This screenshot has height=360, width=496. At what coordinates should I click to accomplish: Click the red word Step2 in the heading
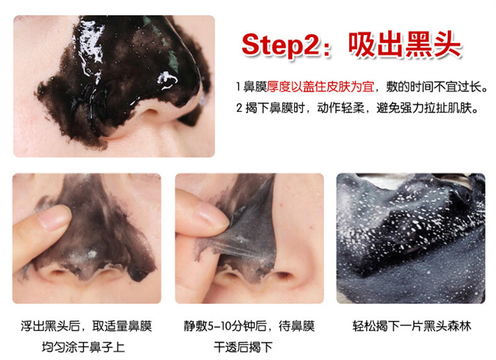(281, 46)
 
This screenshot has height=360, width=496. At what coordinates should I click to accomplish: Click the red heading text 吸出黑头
(405, 45)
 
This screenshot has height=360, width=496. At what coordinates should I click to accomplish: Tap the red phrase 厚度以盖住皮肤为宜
(320, 87)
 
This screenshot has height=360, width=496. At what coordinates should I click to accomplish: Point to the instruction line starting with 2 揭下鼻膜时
(357, 108)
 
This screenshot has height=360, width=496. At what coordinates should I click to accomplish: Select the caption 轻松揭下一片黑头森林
(411, 326)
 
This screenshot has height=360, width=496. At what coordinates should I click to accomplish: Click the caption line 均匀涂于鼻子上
(84, 347)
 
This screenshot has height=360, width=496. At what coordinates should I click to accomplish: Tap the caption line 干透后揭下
(243, 347)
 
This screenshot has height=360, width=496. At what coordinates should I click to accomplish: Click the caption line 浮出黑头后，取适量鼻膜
(86, 326)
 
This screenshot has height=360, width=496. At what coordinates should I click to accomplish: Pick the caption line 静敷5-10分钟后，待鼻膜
(249, 326)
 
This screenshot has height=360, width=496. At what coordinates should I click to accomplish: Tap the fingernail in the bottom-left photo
(54, 217)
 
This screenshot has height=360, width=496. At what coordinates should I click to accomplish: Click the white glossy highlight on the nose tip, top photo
(167, 79)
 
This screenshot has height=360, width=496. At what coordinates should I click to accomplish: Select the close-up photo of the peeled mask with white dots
(411, 238)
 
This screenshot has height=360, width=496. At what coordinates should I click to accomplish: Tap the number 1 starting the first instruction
(238, 87)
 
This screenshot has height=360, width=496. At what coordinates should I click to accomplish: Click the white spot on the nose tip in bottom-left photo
(92, 254)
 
